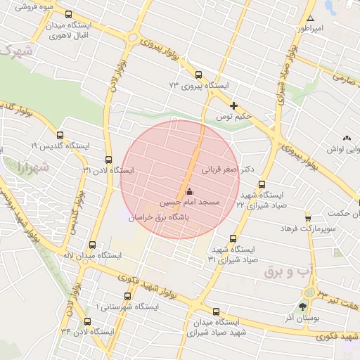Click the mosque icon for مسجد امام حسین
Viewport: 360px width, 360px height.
(188, 191)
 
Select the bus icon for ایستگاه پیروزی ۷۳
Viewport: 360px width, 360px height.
(198, 75)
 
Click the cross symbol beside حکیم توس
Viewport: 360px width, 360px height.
(233, 105)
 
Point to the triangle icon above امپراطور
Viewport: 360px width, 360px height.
(310, 19)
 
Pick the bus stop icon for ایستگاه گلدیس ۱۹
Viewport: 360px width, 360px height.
(59, 135)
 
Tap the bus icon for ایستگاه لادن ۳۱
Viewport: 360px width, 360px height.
(108, 160)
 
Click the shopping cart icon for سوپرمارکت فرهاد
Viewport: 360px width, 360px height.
(307, 218)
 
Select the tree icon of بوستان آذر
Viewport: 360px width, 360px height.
(303, 307)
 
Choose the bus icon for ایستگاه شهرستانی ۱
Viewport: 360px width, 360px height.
(127, 297)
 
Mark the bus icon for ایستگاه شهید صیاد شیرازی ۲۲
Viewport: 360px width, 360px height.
(262, 184)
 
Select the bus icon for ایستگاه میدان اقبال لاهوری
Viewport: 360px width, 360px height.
(67, 14)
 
